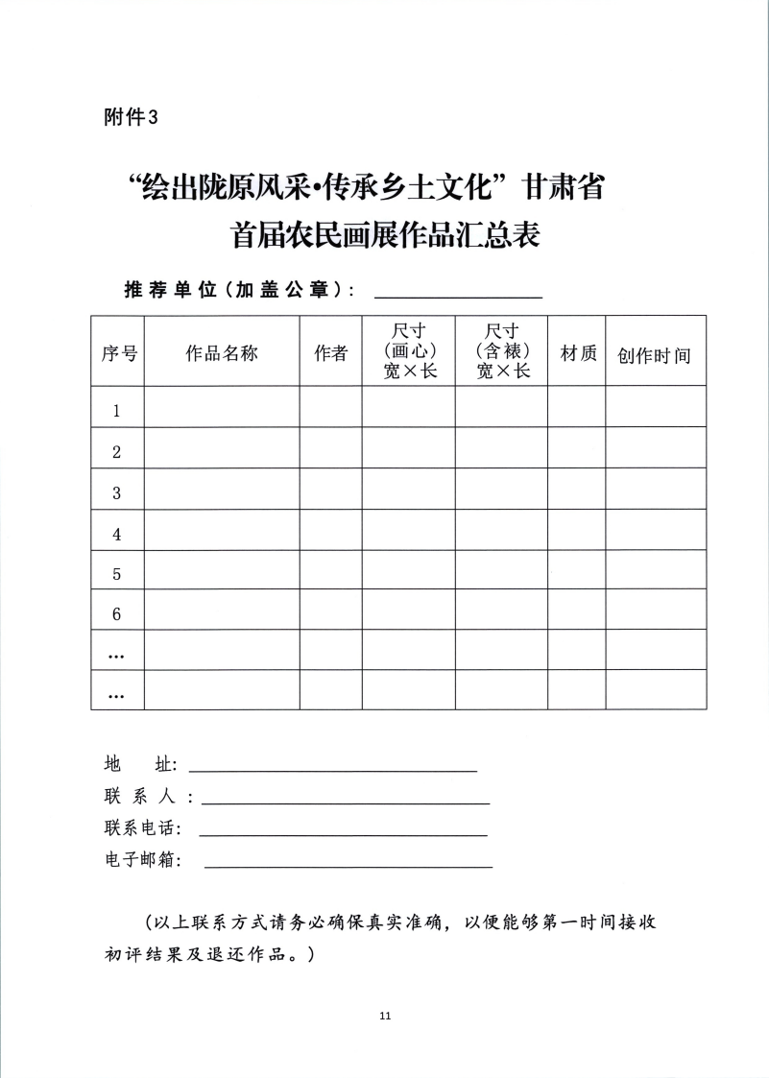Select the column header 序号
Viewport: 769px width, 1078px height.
pos(118,353)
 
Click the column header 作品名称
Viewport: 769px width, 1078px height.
pos(222,353)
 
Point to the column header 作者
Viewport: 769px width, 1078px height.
pos(331,353)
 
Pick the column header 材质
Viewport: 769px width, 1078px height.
pos(577,353)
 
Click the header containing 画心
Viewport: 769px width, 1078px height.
pos(409,351)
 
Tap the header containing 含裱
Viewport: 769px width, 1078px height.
pos(502,351)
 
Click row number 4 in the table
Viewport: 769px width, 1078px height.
pos(117,534)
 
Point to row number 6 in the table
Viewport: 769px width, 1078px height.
pos(117,614)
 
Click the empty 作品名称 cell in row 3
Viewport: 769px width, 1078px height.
pos(222,492)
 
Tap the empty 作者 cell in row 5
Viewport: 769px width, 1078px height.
pos(331,574)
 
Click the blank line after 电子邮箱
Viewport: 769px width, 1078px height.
pos(348,862)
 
